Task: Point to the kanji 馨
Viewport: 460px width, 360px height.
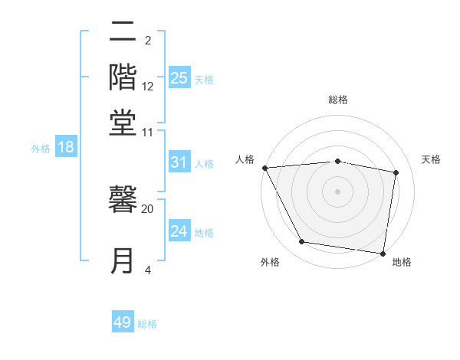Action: pos(123,200)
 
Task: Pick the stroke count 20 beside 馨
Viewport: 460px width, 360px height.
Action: pos(148,208)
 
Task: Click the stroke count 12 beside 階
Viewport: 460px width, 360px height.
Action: pos(148,86)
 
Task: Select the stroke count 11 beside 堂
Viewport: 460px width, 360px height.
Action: pos(148,132)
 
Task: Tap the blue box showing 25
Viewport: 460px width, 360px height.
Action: pos(179,77)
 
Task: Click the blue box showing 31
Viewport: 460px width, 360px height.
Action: pos(179,162)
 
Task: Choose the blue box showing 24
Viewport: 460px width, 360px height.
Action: pos(179,231)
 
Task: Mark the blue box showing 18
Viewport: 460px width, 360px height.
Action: pos(66,148)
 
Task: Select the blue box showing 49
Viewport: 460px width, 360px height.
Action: pos(123,322)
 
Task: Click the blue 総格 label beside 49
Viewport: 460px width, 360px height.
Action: pos(147,324)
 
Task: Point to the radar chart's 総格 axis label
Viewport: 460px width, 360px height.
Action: pos(337,100)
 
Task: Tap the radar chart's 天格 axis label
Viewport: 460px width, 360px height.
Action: pos(432,159)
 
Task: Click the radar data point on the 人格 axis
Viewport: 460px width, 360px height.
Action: pos(264,168)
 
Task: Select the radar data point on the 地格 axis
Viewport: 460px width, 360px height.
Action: pos(383,253)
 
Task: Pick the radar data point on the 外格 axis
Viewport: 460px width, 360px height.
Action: pos(302,242)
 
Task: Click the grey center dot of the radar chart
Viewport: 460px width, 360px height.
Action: pos(337,191)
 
